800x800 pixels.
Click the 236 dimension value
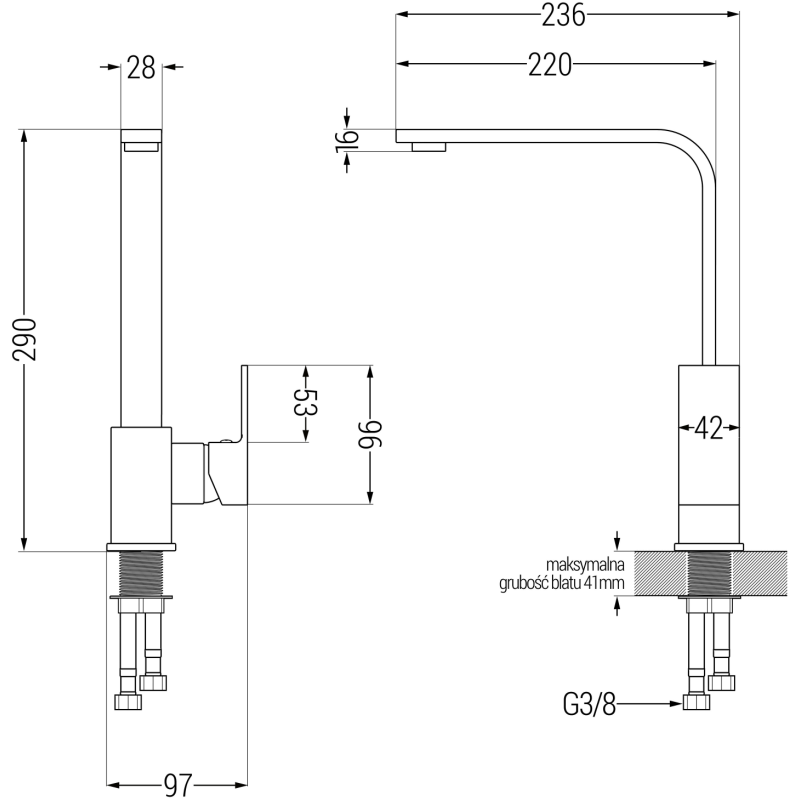(563, 15)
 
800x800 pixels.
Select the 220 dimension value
(549, 65)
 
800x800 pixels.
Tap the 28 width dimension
(142, 68)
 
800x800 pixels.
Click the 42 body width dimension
(708, 428)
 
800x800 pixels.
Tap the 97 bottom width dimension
(177, 784)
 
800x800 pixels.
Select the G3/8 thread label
(585, 706)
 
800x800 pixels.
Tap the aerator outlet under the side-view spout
(429, 147)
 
